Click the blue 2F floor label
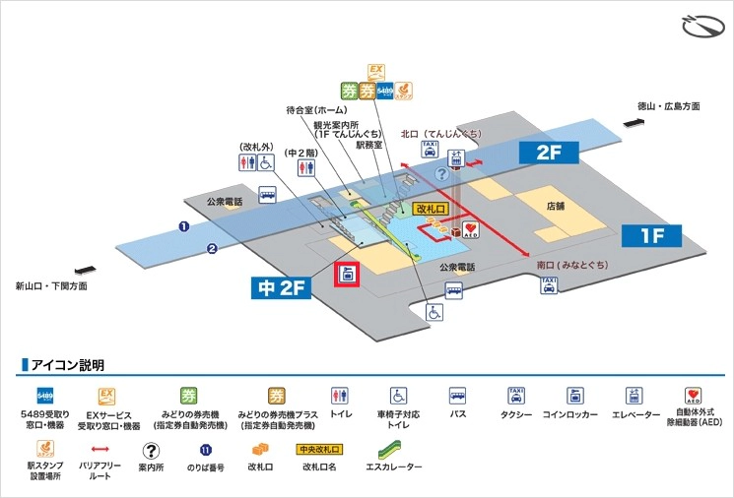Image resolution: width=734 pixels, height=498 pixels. [x=548, y=153]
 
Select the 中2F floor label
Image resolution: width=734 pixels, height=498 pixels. [x=280, y=287]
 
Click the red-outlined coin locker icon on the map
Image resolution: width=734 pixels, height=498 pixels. [x=347, y=275]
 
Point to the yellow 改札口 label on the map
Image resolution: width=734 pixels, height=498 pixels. [x=432, y=210]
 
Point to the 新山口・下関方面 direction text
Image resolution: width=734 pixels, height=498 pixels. [x=51, y=286]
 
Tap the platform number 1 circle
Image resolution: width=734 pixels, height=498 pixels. [x=183, y=226]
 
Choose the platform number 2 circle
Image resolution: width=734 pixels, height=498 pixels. [x=211, y=248]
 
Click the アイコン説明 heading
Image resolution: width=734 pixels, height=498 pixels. [x=68, y=365]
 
